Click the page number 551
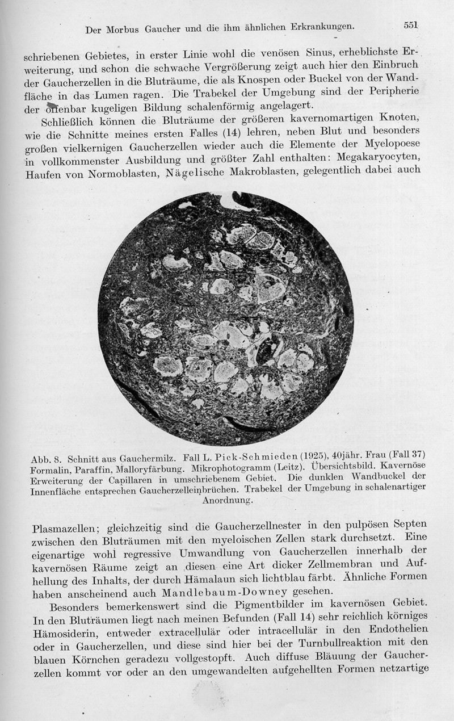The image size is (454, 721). pos(411,25)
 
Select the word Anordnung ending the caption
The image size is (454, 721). pos(227,501)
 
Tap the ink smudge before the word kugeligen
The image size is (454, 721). pos(52,106)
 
